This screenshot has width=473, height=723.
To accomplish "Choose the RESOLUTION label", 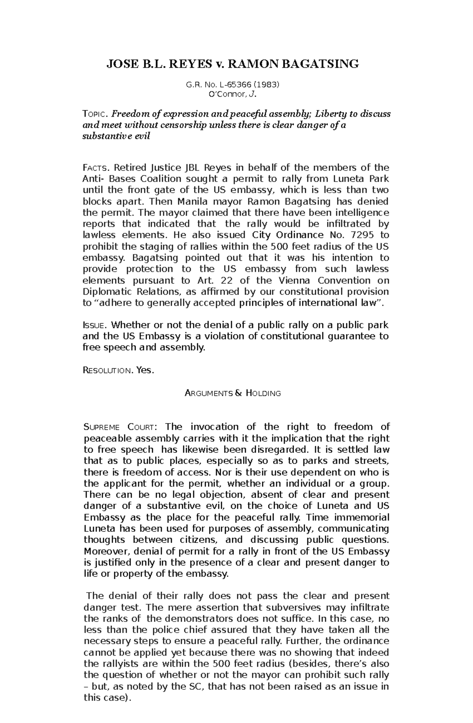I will click(107, 371).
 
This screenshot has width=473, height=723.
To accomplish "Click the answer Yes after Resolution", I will click(143, 370).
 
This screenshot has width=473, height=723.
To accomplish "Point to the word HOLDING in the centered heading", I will click(264, 393).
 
